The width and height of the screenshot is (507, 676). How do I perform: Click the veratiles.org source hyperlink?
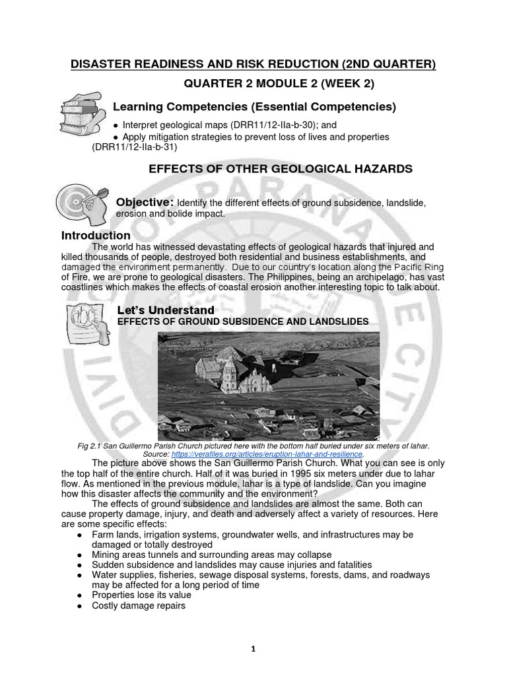coord(267,455)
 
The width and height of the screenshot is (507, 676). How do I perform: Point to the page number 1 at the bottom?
coord(253,650)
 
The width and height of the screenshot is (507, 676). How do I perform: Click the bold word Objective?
coord(145,201)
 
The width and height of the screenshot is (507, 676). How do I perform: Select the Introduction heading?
coord(96,236)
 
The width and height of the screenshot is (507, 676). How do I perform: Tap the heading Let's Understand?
coord(165,310)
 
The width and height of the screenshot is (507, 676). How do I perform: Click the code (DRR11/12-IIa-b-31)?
coord(135,147)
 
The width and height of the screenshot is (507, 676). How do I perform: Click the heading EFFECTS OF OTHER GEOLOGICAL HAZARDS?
coord(281,170)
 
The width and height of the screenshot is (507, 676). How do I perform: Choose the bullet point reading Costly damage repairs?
coord(139,605)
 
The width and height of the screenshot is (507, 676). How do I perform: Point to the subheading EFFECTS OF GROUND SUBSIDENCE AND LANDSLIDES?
coord(242,321)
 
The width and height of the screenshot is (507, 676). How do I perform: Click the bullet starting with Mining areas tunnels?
coord(211,555)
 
